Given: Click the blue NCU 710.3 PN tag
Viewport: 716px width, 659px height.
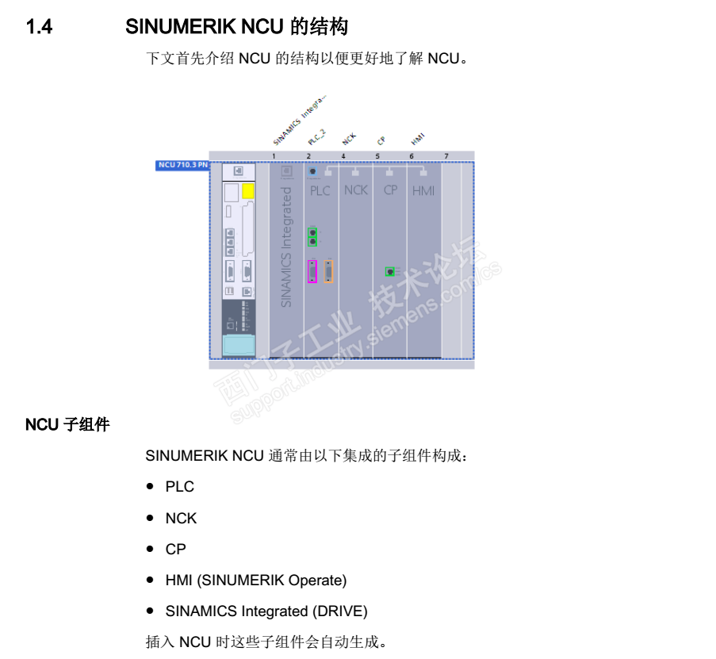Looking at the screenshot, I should pyautogui.click(x=182, y=165).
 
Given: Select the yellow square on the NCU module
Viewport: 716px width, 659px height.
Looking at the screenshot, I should pyautogui.click(x=248, y=191).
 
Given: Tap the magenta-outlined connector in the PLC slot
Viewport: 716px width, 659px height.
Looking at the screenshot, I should pyautogui.click(x=312, y=272).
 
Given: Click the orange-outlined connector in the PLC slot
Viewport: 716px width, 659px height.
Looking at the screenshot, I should pyautogui.click(x=328, y=272).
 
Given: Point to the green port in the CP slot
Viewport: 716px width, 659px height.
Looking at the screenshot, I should pyautogui.click(x=390, y=271).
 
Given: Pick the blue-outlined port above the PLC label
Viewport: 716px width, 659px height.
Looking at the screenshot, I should pyautogui.click(x=312, y=171).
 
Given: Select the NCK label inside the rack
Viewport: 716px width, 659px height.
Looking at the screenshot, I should pyautogui.click(x=356, y=190).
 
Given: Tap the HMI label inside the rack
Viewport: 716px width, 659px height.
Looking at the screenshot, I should pyautogui.click(x=423, y=191).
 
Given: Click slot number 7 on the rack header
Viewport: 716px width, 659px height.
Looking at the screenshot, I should pyautogui.click(x=446, y=156).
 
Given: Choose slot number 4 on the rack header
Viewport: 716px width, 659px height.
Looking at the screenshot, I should pyautogui.click(x=343, y=156).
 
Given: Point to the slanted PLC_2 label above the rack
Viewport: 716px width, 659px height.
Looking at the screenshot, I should pyautogui.click(x=317, y=136).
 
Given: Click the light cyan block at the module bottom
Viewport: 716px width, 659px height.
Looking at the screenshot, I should pyautogui.click(x=239, y=346).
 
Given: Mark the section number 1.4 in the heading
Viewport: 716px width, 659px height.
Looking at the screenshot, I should pyautogui.click(x=40, y=28).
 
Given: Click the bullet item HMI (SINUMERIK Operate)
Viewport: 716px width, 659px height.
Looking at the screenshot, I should pyautogui.click(x=255, y=580).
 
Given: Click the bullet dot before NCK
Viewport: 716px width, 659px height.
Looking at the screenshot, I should pyautogui.click(x=150, y=518).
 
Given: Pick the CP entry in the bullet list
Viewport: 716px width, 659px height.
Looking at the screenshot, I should pyautogui.click(x=175, y=549).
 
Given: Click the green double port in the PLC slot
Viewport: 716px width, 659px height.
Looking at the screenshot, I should pyautogui.click(x=312, y=236).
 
